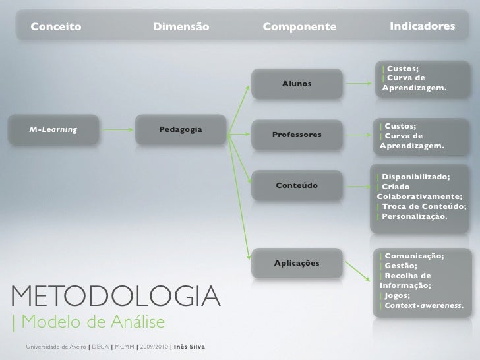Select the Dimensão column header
click(x=181, y=27)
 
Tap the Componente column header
click(x=299, y=27)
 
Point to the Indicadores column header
click(x=422, y=26)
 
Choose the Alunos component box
click(x=297, y=84)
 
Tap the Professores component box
click(x=297, y=135)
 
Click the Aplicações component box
click(x=297, y=264)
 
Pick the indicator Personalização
click(x=415, y=216)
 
